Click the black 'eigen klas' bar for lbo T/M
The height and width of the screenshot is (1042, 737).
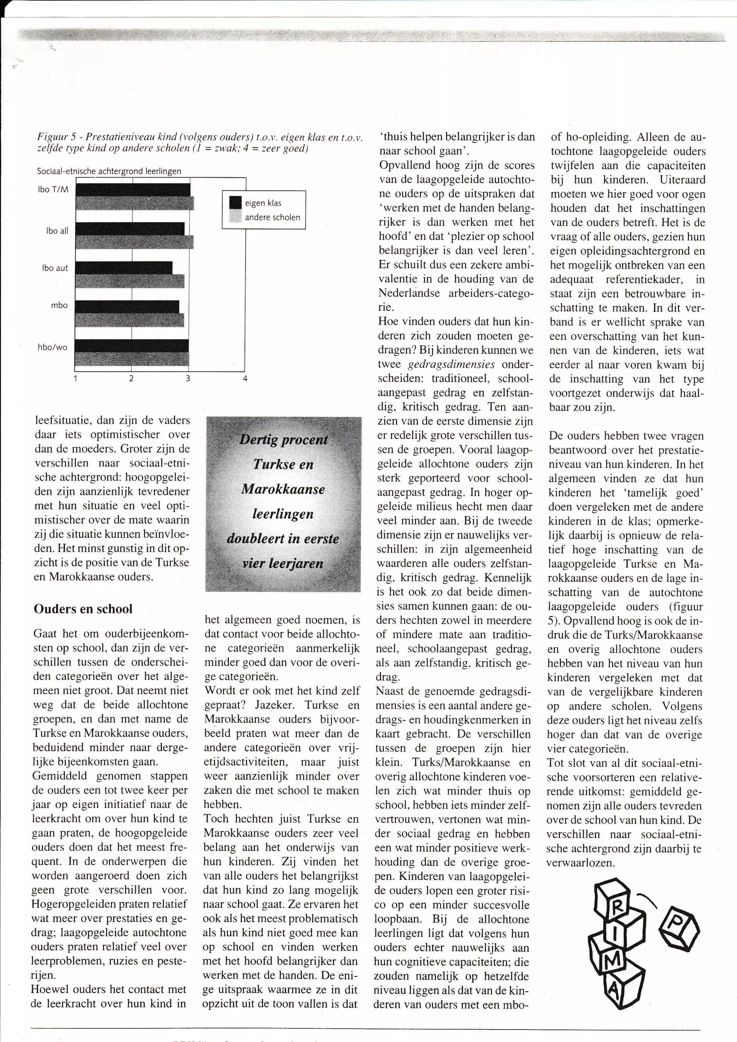tap(132, 190)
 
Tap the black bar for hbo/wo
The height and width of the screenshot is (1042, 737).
tap(132, 345)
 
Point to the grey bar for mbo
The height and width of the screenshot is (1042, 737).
tap(129, 320)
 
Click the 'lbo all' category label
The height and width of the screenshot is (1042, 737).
tap(57, 231)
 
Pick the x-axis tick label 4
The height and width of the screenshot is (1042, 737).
tap(245, 379)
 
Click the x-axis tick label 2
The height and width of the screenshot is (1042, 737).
tap(131, 379)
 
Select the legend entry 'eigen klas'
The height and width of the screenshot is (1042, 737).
tap(263, 203)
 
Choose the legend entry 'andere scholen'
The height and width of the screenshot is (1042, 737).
tap(272, 217)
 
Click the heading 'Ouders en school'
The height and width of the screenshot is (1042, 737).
tap(83, 609)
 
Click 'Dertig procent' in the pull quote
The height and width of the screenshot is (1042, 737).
tap(283, 440)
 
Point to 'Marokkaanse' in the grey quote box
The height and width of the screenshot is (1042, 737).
tap(283, 489)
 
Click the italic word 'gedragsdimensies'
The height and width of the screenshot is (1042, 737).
tap(451, 364)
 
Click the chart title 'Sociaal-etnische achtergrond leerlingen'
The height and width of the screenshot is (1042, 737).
tap(109, 172)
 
